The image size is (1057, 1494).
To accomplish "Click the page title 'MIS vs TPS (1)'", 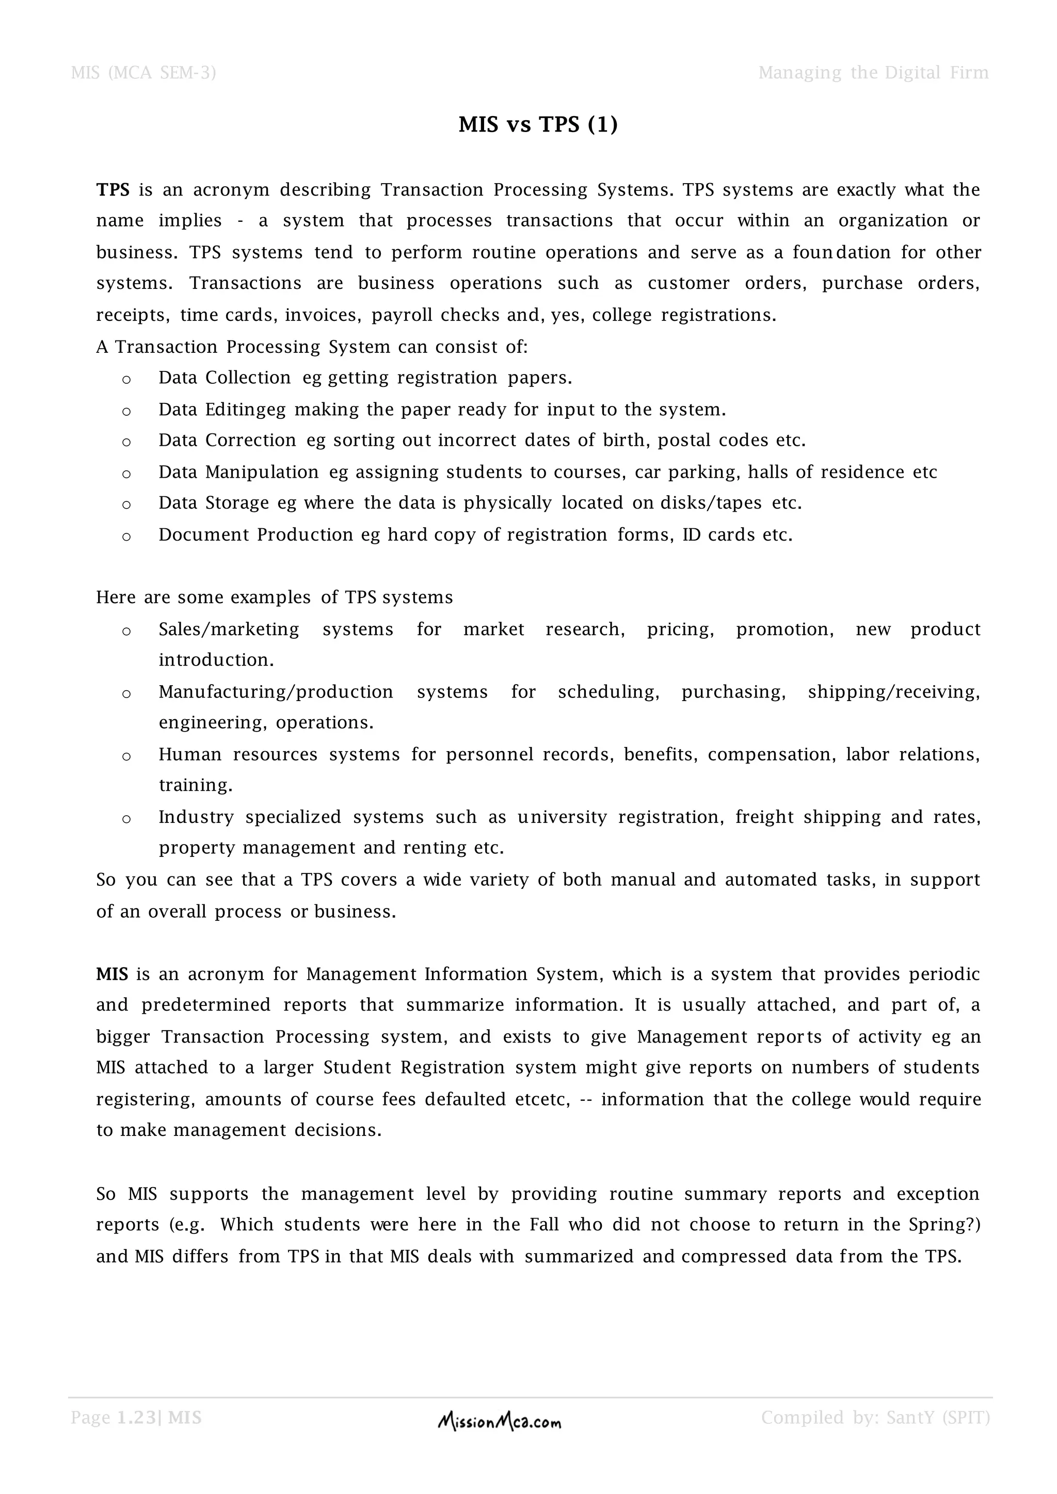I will point(538,124).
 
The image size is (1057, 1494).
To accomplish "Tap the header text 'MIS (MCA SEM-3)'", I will point(143,72).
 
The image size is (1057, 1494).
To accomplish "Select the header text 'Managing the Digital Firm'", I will point(873,72).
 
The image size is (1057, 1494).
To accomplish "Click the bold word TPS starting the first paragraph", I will point(113,190).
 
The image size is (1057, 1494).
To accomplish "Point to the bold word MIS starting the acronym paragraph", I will point(112,974).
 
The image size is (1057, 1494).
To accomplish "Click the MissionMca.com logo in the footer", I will point(499,1422).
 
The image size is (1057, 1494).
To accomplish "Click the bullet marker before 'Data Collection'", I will point(126,379).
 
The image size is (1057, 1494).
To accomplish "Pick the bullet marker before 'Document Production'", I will point(126,537).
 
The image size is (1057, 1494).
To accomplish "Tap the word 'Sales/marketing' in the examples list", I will point(229,629).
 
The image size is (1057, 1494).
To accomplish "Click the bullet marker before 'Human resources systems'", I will point(126,756).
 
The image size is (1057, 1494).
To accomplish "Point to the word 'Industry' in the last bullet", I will point(196,817).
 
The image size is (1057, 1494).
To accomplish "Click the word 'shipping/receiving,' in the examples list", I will point(893,692).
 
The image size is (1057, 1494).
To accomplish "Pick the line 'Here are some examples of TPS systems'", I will point(274,597).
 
